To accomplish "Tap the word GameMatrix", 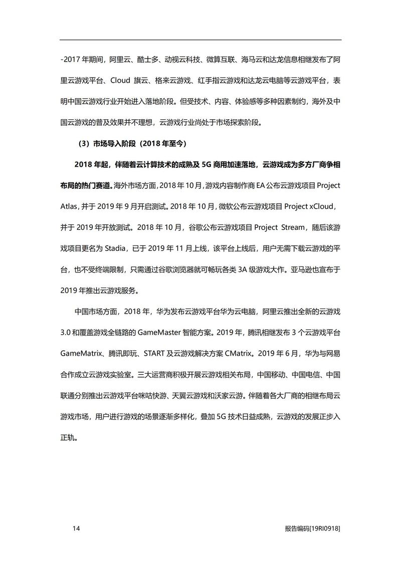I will [x=81, y=353].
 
